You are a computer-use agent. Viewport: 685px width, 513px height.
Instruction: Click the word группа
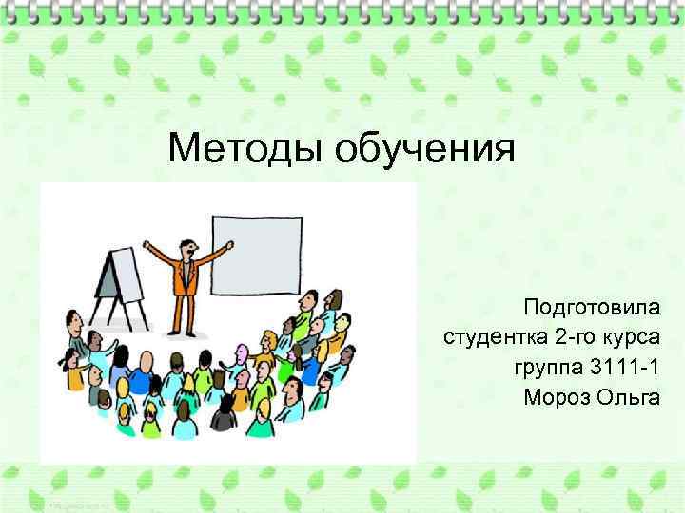pos(549,367)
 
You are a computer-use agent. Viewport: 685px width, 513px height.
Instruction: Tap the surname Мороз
pos(557,396)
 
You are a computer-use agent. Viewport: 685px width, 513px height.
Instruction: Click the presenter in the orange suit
pos(183,275)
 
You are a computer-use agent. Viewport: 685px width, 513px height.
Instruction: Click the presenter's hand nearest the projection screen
pos(228,244)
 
